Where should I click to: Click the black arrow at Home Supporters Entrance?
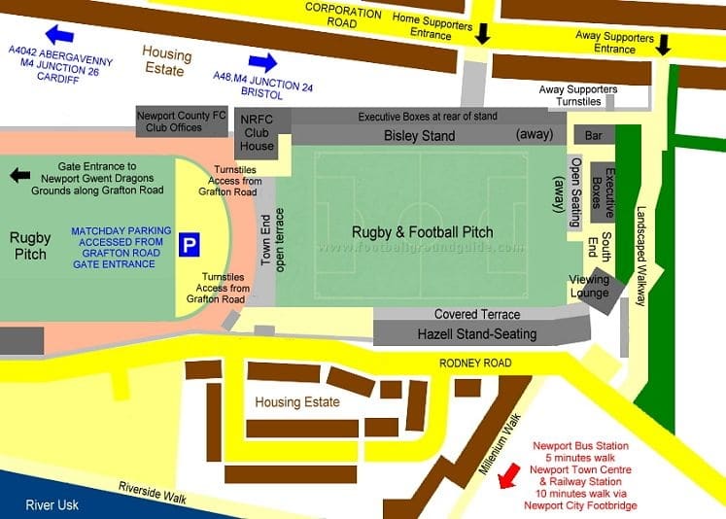coord(482,34)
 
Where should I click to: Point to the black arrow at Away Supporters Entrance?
coord(664,45)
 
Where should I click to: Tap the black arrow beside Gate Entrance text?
coord(19,175)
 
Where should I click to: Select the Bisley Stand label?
coord(419,136)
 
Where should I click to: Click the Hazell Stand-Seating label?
coord(476,334)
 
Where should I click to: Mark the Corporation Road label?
coord(344,14)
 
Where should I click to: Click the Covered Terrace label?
coord(476,315)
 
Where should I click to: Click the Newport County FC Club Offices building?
coord(181,121)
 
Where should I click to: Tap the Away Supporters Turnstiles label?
coord(578,95)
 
